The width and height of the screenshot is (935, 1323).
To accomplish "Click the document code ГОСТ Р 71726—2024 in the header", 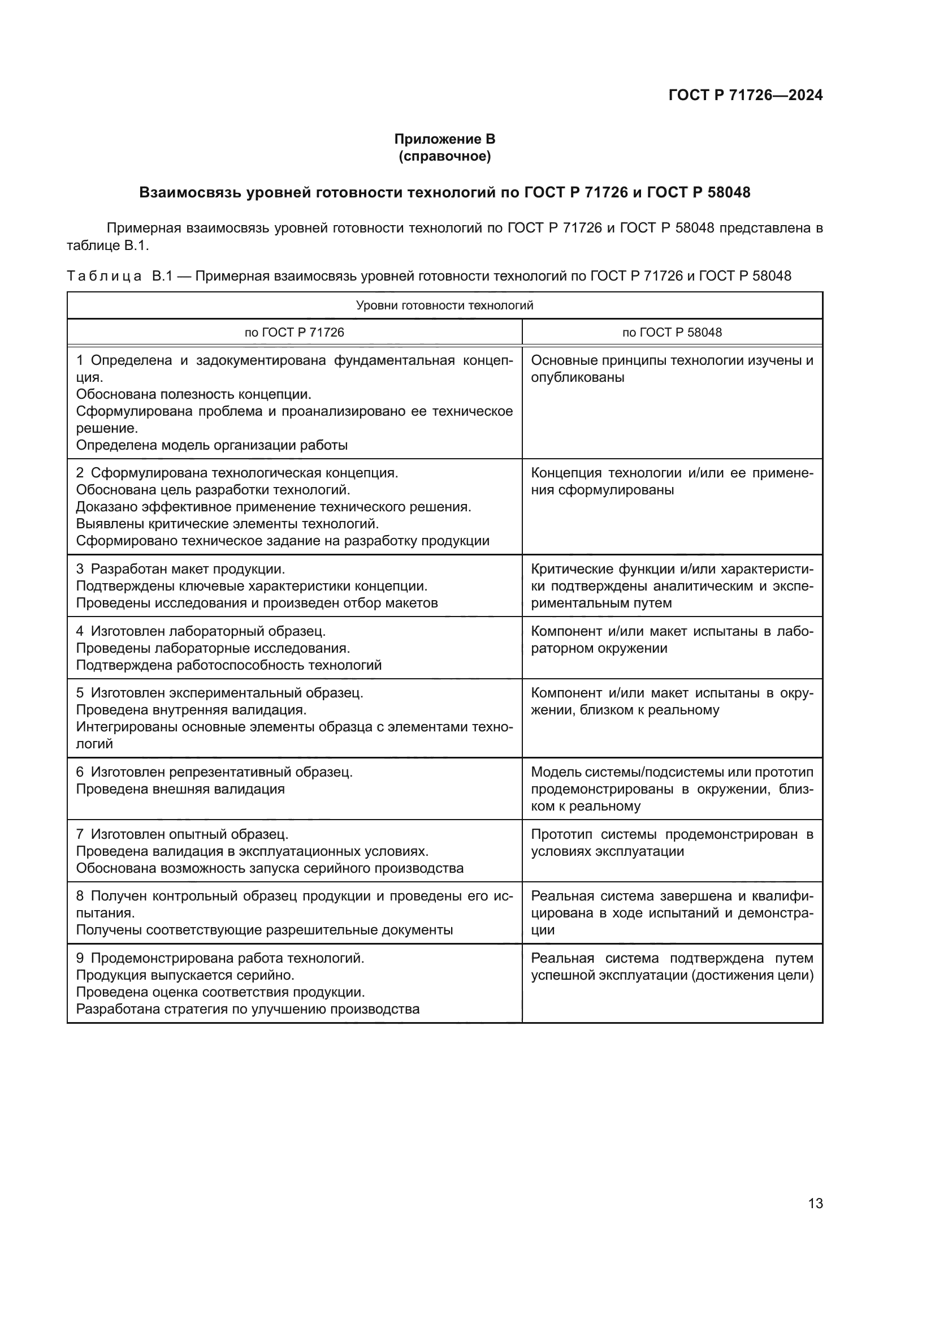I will [745, 96].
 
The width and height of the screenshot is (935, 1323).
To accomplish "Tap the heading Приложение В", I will [444, 139].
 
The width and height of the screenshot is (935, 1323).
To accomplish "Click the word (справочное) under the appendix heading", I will [444, 156].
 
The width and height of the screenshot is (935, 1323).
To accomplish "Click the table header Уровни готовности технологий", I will [444, 305].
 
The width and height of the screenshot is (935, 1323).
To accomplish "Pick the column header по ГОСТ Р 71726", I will [294, 333].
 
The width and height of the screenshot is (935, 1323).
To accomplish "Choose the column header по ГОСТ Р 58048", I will [672, 333].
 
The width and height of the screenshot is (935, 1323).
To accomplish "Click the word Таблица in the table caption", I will [104, 276].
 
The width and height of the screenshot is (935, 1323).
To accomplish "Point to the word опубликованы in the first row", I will [578, 377].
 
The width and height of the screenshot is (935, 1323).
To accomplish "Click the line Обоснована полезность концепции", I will [193, 395].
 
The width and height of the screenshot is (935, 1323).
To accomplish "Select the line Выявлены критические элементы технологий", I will [227, 524].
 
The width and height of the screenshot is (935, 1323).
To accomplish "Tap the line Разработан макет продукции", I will [188, 570].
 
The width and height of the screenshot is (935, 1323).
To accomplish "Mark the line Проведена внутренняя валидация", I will [191, 710].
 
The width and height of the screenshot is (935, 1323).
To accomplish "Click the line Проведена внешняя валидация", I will [180, 789].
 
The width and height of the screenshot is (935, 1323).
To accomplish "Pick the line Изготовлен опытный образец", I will [189, 834].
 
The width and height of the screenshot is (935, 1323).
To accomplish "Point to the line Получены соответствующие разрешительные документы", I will [264, 930].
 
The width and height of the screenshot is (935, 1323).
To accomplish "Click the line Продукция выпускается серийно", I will [185, 975].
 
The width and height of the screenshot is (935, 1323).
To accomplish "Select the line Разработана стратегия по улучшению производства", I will [248, 1009].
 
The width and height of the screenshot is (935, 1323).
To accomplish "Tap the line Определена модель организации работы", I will [212, 445].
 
